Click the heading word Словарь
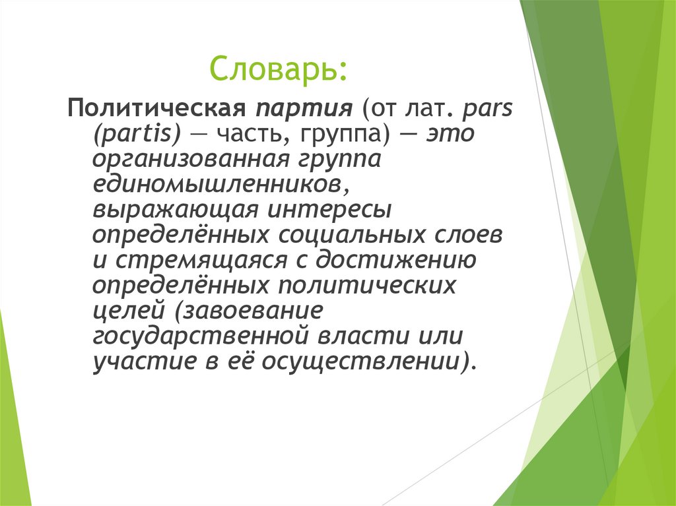point(277,69)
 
